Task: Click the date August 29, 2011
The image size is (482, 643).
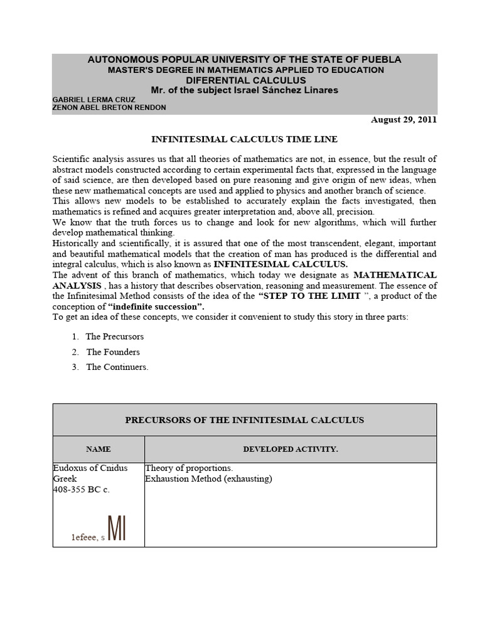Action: [404, 119]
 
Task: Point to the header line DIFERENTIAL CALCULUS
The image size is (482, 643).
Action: [244, 80]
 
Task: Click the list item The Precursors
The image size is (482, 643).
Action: [114, 337]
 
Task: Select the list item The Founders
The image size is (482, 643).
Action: [113, 352]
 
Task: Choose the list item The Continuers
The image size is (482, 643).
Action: [117, 367]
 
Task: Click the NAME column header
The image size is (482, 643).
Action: [99, 449]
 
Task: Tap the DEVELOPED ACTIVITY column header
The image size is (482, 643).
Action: [290, 449]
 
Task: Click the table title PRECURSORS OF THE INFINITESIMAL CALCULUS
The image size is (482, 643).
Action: [244, 419]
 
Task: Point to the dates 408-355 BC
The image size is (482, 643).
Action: [81, 489]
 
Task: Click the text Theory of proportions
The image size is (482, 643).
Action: [189, 468]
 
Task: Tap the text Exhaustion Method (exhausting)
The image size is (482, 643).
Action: [208, 478]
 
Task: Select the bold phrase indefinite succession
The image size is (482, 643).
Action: [156, 306]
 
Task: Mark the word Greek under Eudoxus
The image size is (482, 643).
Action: [65, 478]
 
